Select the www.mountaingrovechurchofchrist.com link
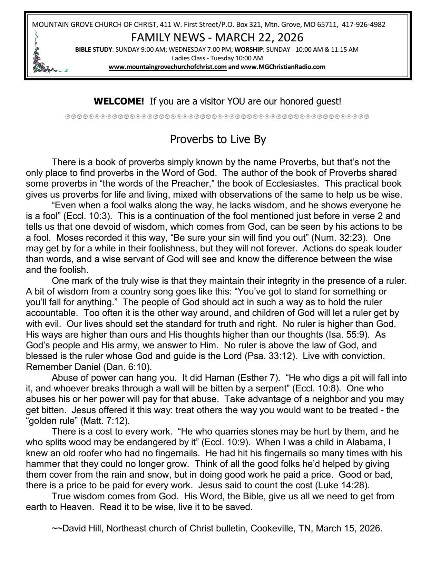(167, 67)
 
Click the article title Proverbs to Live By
(218, 140)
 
